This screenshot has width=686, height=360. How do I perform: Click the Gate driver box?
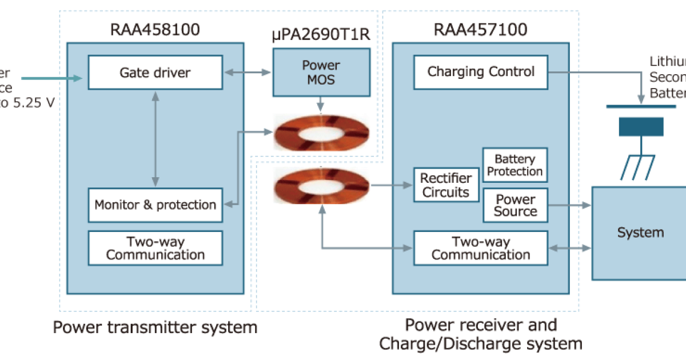(x=155, y=73)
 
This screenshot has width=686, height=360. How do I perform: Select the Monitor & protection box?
(x=155, y=205)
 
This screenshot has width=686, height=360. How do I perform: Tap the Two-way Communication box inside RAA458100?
(x=155, y=248)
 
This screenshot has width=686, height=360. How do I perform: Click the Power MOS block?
(x=321, y=72)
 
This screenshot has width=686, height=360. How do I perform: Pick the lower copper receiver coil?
(x=321, y=185)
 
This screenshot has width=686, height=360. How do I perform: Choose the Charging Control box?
(x=481, y=72)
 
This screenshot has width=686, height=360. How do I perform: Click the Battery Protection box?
(x=515, y=165)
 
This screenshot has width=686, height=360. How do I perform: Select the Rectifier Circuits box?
(x=446, y=186)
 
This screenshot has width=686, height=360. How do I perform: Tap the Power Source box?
(x=515, y=205)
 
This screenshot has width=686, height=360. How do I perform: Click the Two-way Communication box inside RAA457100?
(x=481, y=248)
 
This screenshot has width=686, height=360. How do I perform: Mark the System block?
(x=640, y=233)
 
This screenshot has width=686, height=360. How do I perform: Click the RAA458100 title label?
(x=155, y=30)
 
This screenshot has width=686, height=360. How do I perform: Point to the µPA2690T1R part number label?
(x=321, y=35)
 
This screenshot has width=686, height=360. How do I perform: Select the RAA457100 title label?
(x=481, y=30)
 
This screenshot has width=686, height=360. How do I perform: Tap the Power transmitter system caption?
(x=155, y=327)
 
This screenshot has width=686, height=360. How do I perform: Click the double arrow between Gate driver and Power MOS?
(x=248, y=73)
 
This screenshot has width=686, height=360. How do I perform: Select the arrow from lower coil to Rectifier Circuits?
(x=392, y=185)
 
